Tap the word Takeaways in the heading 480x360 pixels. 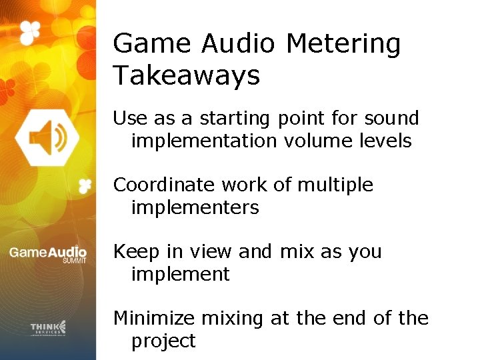tap(186, 76)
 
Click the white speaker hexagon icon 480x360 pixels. tap(47, 137)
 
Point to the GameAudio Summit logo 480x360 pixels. tap(47, 254)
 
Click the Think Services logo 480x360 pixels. tap(48, 327)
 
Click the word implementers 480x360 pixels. tap(195, 207)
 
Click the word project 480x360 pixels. tap(163, 341)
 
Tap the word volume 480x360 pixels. tap(319, 141)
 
